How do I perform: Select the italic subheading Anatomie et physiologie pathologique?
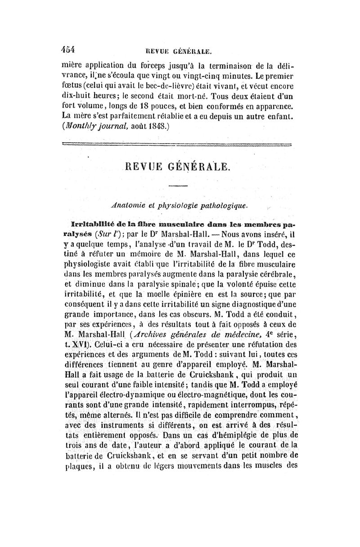(x=178, y=206)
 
